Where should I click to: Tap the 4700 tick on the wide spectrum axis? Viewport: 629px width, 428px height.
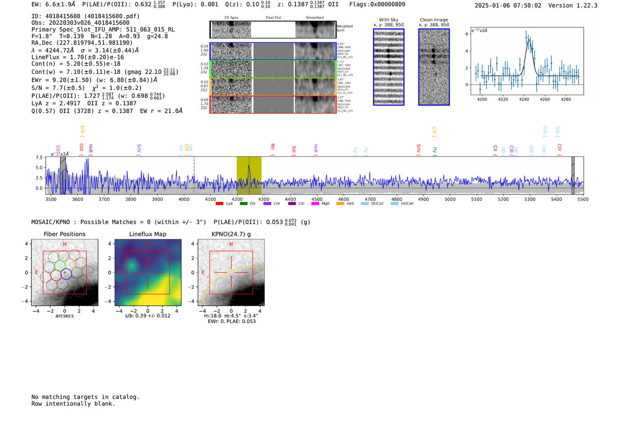370,199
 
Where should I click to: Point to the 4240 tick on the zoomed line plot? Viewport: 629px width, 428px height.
524,99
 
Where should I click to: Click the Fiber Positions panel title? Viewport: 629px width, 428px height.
64,234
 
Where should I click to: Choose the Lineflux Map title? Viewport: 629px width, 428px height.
148,234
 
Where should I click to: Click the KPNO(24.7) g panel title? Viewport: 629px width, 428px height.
231,234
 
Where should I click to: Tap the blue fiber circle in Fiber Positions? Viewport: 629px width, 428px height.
66,274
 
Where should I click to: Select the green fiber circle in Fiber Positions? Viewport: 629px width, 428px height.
60,265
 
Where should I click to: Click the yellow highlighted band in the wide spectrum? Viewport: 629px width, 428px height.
249,175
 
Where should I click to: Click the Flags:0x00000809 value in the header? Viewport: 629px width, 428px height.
377,4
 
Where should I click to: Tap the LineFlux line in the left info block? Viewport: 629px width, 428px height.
78,57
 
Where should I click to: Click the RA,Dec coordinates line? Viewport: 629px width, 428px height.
82,43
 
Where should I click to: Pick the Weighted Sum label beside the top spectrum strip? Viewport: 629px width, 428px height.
344,28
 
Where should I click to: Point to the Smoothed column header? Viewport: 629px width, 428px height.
314,18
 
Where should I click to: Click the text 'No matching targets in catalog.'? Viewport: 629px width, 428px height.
85,397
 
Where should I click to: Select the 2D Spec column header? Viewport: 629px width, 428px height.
231,18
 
